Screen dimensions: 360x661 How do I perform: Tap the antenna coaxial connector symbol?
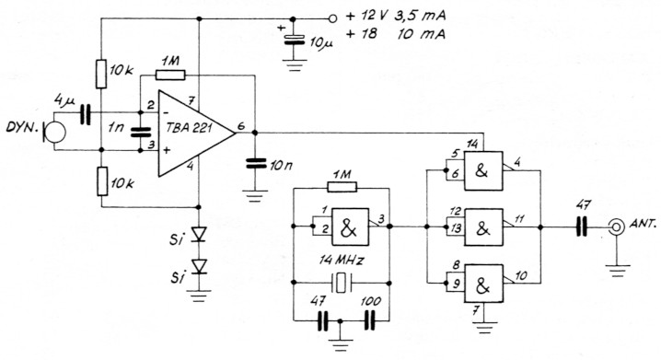612,224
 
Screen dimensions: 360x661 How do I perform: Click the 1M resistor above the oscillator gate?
342,187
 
